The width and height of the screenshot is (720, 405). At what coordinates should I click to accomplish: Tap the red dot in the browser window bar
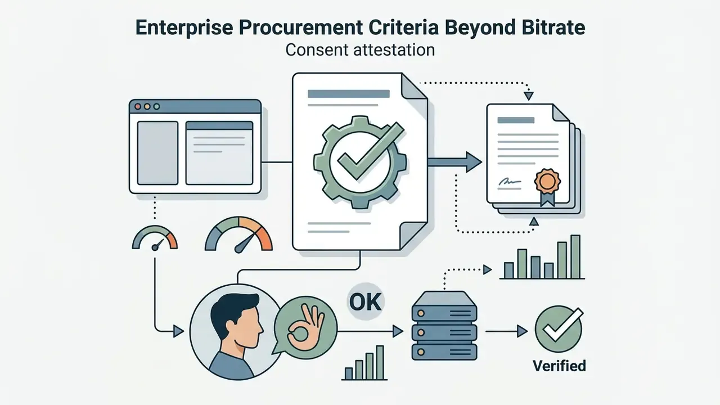138,106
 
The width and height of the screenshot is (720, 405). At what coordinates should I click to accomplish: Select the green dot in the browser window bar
156,106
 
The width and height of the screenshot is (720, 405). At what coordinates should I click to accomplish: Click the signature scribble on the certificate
509,182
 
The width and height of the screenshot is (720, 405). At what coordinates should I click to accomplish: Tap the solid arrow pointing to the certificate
455,162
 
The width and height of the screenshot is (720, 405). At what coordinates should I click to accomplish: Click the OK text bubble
366,301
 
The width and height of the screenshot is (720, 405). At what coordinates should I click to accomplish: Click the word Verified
559,366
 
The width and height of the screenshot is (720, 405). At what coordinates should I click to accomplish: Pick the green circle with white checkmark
559,329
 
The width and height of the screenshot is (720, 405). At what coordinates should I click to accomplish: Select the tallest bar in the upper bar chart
575,256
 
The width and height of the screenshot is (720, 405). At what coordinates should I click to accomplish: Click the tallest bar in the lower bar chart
380,363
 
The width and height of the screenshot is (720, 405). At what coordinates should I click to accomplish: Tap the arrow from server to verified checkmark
506,331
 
